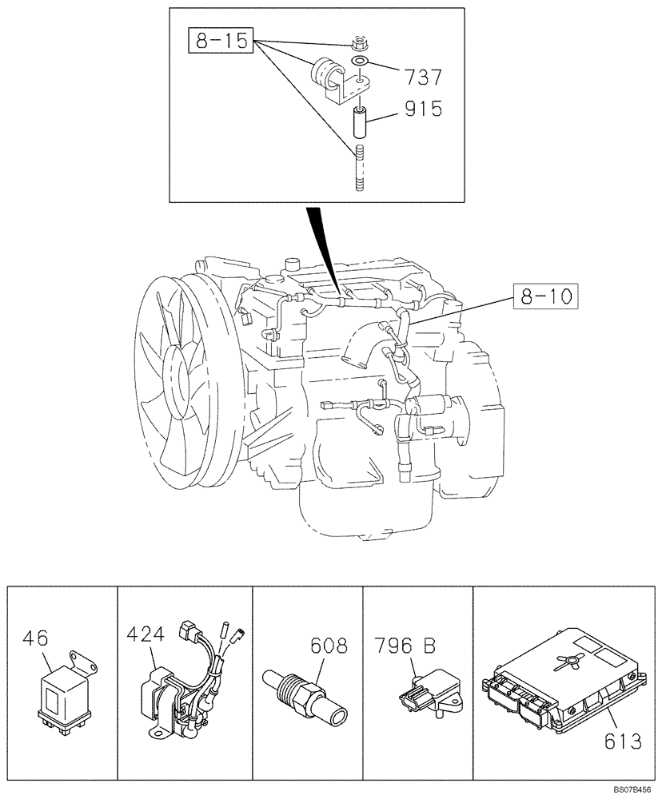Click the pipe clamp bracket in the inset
coord(330,81)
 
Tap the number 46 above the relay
coord(37,638)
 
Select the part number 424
coord(145,635)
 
